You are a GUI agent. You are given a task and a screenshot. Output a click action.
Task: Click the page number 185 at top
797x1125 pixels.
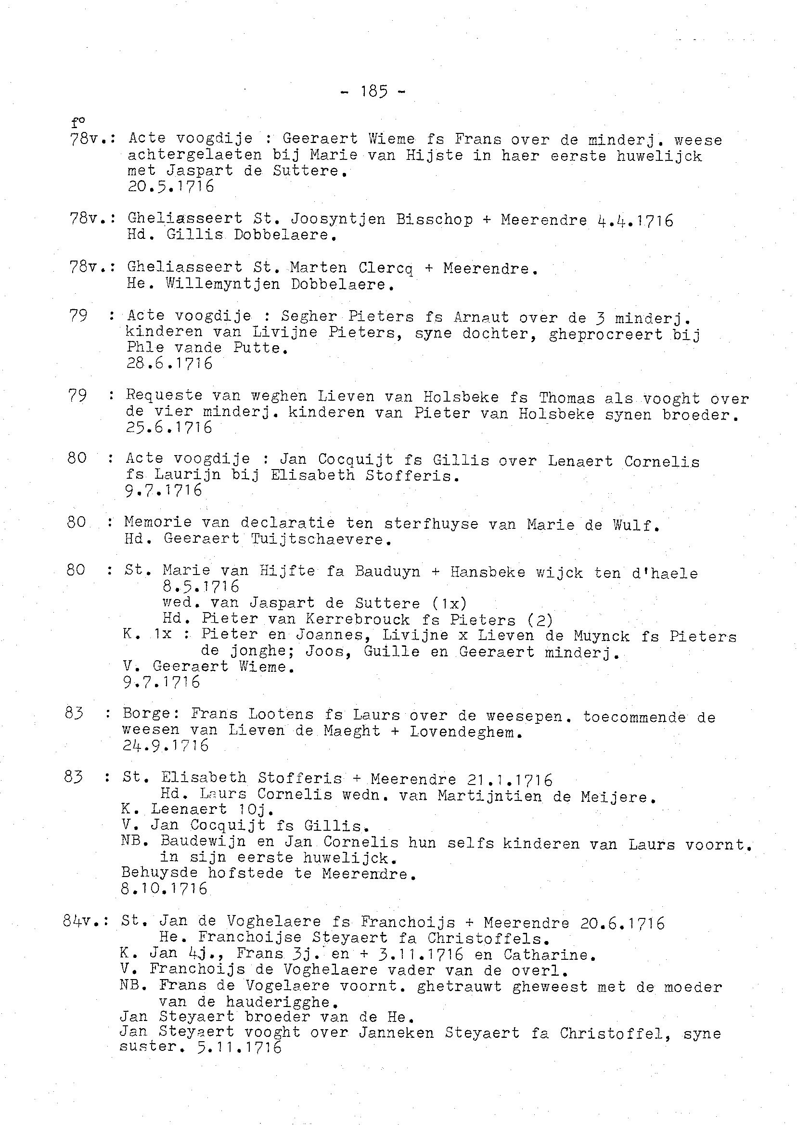coord(373,92)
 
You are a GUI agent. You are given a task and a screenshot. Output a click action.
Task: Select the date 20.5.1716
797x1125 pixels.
coord(170,186)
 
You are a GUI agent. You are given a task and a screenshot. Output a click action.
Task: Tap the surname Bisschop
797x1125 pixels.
coord(434,220)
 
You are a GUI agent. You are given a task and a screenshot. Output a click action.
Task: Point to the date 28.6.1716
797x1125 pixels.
coord(169,364)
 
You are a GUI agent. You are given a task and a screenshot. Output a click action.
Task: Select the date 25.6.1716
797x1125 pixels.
coord(169,428)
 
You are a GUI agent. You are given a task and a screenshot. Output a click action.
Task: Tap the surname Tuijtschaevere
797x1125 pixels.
coord(321,539)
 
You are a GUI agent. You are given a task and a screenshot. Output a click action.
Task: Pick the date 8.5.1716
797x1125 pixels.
coord(201,586)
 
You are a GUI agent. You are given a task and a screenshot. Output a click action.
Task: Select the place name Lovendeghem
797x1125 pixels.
coord(463,732)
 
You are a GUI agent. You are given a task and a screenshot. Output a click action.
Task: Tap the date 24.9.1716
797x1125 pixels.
coord(166,746)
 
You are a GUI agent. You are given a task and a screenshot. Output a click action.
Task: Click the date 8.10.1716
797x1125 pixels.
coord(164,889)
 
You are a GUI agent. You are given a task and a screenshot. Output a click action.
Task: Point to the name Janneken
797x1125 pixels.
coord(396,1033)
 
